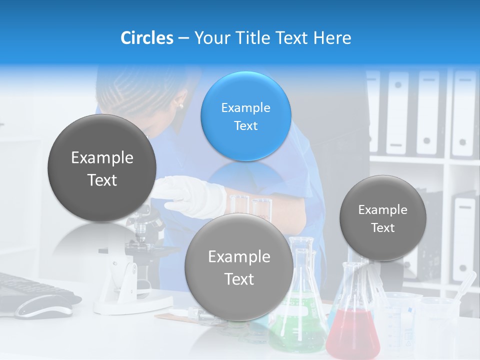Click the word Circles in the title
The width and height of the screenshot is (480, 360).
(x=146, y=38)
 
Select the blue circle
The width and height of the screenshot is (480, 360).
(x=245, y=116)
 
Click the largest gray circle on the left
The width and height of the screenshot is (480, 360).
(x=102, y=168)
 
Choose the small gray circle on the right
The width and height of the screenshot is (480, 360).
(x=383, y=218)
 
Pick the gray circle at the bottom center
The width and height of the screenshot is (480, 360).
(x=239, y=267)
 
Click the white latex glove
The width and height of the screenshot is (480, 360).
(x=195, y=197)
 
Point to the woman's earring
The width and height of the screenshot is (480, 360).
(x=180, y=105)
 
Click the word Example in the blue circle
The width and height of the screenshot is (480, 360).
(x=245, y=107)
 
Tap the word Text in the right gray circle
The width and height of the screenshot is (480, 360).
(x=383, y=228)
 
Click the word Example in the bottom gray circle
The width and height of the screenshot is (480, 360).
(x=239, y=257)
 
